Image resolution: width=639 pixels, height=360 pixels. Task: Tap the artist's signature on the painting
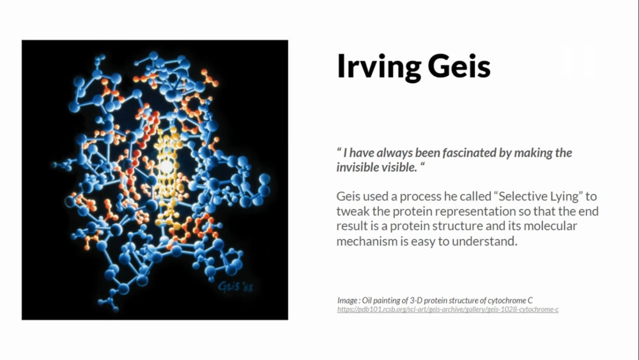[x=236, y=286]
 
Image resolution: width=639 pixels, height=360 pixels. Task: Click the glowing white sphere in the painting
[x=166, y=167]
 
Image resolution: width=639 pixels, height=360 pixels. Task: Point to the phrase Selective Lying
[x=538, y=196]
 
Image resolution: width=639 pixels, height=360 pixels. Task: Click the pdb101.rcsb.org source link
[x=448, y=309]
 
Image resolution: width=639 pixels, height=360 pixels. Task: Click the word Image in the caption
[x=347, y=301]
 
